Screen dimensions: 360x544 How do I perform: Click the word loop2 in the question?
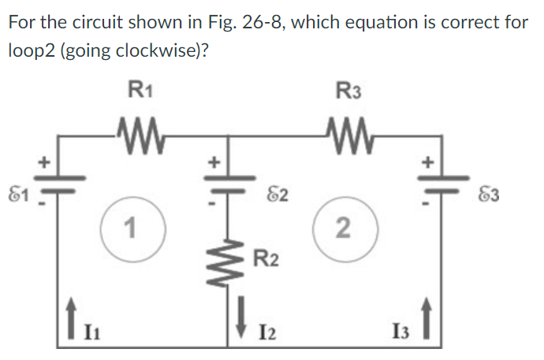(30, 50)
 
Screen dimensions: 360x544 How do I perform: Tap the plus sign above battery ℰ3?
(430, 163)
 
